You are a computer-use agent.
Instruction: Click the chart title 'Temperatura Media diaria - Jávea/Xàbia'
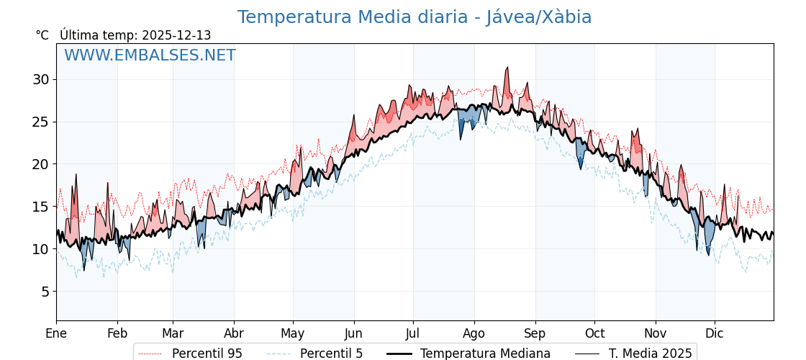pyautogui.click(x=415, y=17)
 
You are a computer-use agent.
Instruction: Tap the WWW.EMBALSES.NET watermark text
pyautogui.click(x=150, y=55)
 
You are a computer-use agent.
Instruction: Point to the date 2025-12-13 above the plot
pyautogui.click(x=176, y=35)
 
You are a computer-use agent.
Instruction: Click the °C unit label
pyautogui.click(x=42, y=35)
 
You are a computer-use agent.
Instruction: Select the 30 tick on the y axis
pyautogui.click(x=40, y=79)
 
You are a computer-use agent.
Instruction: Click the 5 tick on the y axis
pyautogui.click(x=45, y=292)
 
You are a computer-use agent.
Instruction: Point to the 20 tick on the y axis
pyautogui.click(x=40, y=164)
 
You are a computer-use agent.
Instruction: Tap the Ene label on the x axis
pyautogui.click(x=56, y=333)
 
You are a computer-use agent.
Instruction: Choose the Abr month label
pyautogui.click(x=234, y=333)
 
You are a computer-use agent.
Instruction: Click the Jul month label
pyautogui.click(x=413, y=333)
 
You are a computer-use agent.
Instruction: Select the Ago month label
pyautogui.click(x=474, y=333)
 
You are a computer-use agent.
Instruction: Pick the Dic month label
pyautogui.click(x=715, y=333)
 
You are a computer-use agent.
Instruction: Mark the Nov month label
pyautogui.click(x=656, y=333)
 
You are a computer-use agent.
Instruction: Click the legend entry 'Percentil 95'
pyautogui.click(x=207, y=354)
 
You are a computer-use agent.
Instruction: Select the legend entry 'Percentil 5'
pyautogui.click(x=331, y=354)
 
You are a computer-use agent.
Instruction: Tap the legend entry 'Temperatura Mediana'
pyautogui.click(x=485, y=354)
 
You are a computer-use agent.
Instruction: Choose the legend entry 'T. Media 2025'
pyautogui.click(x=650, y=354)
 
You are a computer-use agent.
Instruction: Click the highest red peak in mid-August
pyautogui.click(x=507, y=68)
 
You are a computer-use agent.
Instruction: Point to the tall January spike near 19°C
pyautogui.click(x=76, y=175)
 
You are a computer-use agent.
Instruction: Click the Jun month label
pyautogui.click(x=353, y=333)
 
